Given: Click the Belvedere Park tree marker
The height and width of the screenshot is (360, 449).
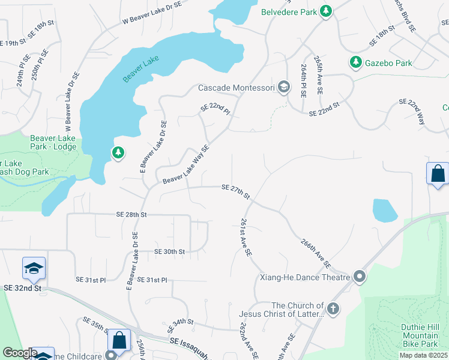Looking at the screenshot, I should [x=326, y=11].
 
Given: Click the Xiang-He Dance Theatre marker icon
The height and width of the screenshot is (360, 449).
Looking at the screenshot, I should [x=360, y=277].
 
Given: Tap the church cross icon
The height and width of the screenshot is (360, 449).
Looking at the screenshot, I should [x=333, y=310].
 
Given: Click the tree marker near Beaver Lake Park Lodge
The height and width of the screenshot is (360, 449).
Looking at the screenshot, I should [x=118, y=154].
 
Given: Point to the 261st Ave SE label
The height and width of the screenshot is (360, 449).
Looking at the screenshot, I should [x=246, y=238].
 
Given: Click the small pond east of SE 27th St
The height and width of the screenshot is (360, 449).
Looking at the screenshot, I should [x=385, y=211].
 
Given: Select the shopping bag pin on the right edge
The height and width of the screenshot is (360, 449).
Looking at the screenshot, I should [x=438, y=174].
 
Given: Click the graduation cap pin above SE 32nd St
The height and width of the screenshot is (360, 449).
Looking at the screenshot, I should [x=34, y=269].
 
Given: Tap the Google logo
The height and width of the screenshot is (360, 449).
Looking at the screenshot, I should [x=20, y=353].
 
